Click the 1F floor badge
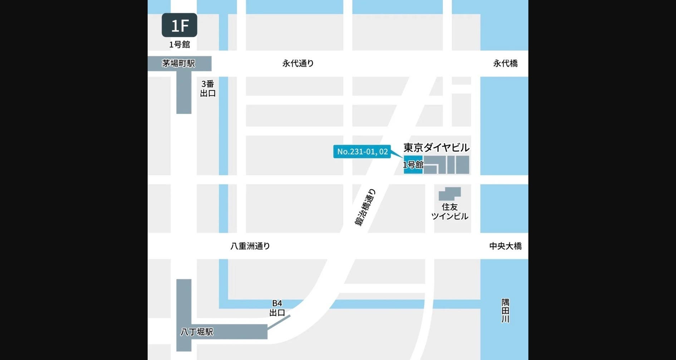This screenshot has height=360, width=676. [x=179, y=25]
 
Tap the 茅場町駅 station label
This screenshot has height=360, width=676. [x=178, y=63]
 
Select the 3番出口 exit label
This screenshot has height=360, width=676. [x=208, y=89]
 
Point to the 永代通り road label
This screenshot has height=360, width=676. [x=298, y=63]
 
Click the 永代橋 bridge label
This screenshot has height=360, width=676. [x=505, y=63]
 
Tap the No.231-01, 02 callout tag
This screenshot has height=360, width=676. [x=362, y=152]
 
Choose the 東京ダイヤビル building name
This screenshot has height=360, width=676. [x=436, y=147]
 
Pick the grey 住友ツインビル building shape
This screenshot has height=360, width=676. [x=450, y=193]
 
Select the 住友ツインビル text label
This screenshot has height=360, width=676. [x=450, y=212]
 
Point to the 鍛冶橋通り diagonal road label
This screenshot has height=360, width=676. [x=365, y=207]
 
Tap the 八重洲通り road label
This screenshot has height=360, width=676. [x=250, y=246]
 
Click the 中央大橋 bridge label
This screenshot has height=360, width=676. [x=505, y=246]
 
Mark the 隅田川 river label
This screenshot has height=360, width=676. [x=505, y=311]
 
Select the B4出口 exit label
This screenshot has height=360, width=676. [x=277, y=308]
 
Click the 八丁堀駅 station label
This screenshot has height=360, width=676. [x=197, y=332]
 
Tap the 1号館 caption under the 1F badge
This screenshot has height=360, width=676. [x=179, y=44]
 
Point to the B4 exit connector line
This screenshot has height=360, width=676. [x=279, y=322]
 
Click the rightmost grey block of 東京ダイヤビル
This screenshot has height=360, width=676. [x=462, y=164]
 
